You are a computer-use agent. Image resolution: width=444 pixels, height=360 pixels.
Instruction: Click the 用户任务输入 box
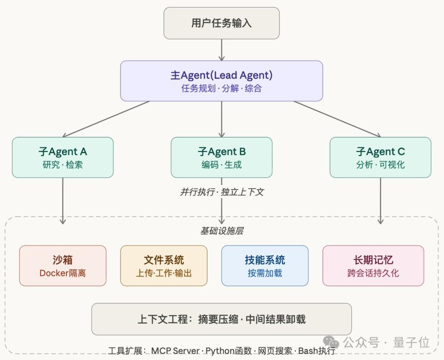(222, 23)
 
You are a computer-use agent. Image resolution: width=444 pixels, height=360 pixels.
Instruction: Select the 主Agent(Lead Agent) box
(222, 81)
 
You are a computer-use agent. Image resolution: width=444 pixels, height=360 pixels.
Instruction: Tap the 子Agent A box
(62, 157)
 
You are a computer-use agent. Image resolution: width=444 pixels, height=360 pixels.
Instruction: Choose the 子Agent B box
(222, 157)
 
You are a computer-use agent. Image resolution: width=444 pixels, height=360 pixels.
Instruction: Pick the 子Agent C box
(380, 157)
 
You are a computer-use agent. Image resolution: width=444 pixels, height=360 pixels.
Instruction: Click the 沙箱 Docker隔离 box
(62, 265)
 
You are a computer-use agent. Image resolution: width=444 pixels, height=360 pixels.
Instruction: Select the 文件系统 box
(164, 265)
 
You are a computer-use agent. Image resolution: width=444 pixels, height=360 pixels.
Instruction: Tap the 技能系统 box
(265, 265)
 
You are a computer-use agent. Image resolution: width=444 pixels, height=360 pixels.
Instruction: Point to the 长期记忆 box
(373, 265)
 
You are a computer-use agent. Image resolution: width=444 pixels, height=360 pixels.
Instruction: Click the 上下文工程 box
(222, 319)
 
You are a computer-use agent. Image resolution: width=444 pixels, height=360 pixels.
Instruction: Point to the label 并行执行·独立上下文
(222, 192)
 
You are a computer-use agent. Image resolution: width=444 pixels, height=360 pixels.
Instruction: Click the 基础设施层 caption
(222, 231)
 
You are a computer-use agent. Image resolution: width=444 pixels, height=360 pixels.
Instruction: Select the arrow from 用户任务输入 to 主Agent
(222, 50)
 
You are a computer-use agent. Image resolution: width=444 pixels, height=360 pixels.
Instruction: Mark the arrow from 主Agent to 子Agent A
(106, 119)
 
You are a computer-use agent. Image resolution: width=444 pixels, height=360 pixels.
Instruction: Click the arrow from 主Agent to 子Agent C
(337, 119)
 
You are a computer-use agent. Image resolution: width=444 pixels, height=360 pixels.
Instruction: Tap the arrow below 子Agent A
(62, 201)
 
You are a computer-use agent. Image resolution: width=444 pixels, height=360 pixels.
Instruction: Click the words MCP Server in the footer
(175, 351)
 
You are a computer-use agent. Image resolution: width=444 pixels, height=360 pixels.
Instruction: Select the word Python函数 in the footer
(229, 351)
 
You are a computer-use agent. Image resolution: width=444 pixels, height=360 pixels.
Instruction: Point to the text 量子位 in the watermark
(412, 342)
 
